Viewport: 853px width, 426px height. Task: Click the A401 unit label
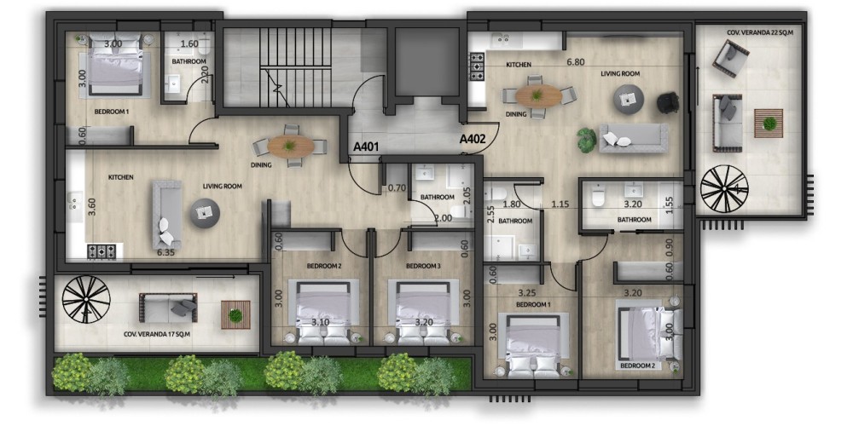366,147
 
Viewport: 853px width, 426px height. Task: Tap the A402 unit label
473,139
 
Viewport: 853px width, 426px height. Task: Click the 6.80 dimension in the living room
575,62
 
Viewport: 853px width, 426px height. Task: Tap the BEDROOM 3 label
423,266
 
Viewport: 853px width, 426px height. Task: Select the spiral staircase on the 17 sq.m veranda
86,299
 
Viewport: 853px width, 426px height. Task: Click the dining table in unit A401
291,147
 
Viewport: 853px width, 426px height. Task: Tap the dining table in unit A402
538,96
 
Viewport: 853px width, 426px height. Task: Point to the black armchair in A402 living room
668,103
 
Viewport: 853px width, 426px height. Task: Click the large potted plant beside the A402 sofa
587,141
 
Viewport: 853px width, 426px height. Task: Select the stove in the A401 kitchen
102,251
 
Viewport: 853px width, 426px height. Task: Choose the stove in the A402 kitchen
477,66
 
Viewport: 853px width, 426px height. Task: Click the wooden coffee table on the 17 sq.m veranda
235,314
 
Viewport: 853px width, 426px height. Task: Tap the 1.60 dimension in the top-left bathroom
189,44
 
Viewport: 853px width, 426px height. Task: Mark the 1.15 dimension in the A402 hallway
560,204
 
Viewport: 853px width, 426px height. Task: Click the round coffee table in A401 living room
205,214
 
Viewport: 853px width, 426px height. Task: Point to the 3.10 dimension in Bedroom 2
321,322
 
